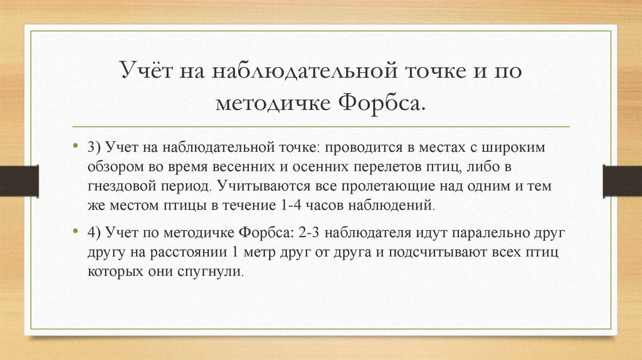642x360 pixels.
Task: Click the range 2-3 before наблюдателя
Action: (x=312, y=233)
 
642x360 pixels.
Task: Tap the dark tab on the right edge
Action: (x=623, y=181)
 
